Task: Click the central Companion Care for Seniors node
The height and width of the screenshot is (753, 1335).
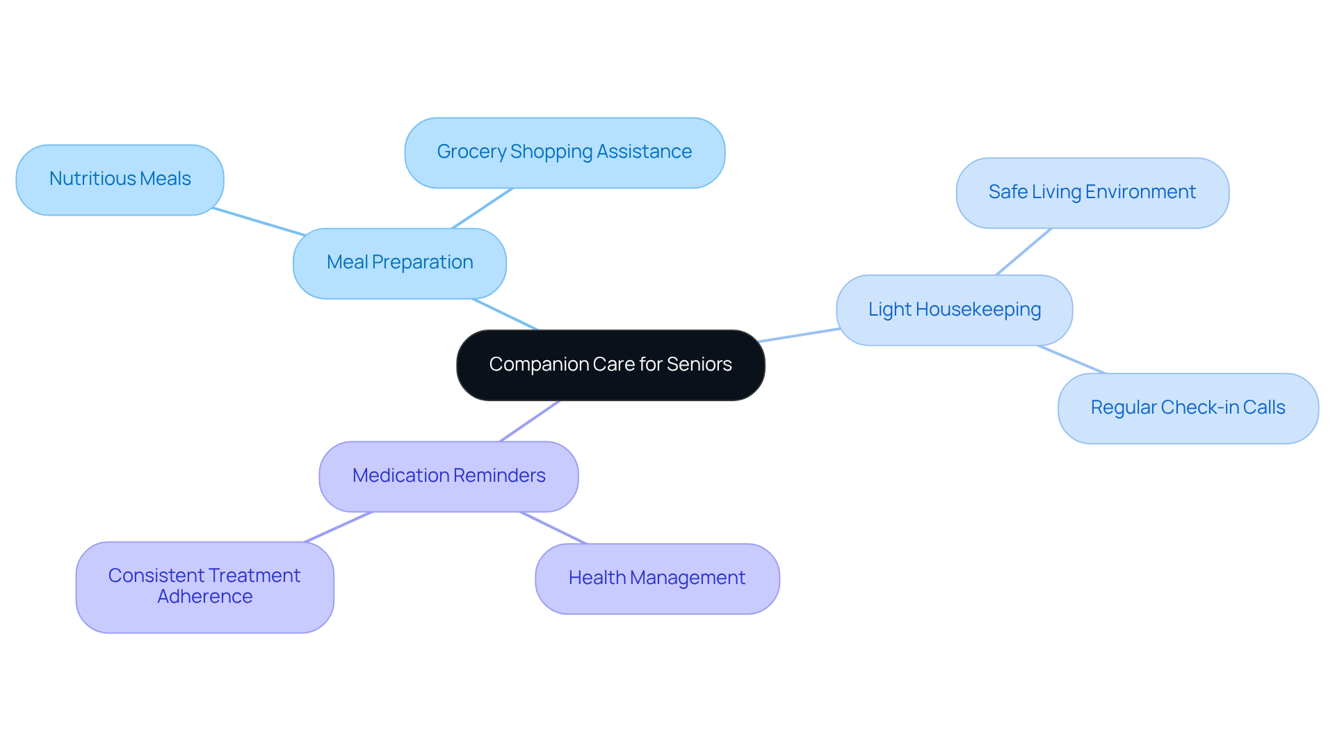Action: pos(610,365)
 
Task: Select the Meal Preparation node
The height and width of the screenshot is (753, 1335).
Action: pos(400,264)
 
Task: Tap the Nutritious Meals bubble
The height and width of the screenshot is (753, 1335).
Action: pos(120,180)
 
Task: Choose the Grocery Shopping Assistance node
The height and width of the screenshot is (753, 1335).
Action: pos(565,153)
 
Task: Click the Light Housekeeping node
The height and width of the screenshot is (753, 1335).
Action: pos(954,310)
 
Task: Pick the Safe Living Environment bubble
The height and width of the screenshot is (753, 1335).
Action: pos(1092,193)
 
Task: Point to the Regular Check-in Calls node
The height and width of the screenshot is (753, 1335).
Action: pos(1188,408)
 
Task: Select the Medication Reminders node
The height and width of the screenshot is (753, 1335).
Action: pos(448,476)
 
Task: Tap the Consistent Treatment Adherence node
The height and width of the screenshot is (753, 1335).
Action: pos(204,587)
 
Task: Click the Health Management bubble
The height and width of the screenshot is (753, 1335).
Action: pos(657,578)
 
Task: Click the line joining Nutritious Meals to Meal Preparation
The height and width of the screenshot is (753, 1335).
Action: pos(259,222)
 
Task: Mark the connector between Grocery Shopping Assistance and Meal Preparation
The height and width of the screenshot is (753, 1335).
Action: pos(483,208)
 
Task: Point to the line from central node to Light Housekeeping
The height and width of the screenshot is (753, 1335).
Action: pos(800,335)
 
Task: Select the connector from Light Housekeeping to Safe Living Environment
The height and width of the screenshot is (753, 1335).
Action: pos(1023,252)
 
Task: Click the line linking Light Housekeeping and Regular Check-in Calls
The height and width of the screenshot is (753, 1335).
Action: pos(1071,359)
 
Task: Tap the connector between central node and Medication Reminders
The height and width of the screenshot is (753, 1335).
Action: pos(530,421)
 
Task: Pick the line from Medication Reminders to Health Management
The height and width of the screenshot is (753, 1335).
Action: pos(553,528)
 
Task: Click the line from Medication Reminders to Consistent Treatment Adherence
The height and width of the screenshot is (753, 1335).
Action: pos(339,527)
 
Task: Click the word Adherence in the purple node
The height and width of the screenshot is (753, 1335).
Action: pos(205,597)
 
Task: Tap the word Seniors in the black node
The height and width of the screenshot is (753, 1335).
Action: pos(699,365)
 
